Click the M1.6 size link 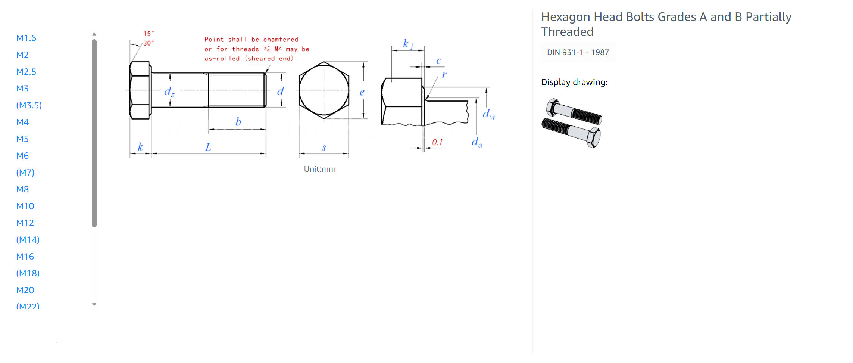click(26, 38)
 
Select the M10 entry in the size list click(25, 206)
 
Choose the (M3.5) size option click(29, 105)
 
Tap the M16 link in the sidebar click(25, 257)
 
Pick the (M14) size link click(28, 240)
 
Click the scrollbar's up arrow click(94, 34)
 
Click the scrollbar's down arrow click(94, 304)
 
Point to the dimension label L click(208, 147)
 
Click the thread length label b click(238, 121)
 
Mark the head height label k click(140, 147)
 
